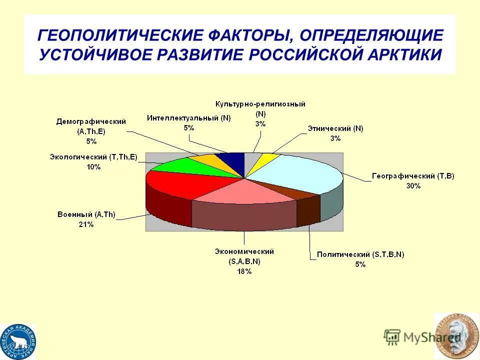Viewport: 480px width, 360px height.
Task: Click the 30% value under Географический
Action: tap(413, 185)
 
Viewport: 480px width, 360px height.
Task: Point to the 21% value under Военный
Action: tap(85, 224)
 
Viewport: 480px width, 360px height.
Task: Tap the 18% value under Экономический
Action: tap(244, 271)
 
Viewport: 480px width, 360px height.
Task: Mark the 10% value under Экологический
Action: tap(93, 167)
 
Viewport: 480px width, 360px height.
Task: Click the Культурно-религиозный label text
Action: tap(260, 104)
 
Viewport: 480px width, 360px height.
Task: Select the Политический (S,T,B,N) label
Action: tap(360, 254)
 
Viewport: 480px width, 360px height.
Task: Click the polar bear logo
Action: tap(17, 342)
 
